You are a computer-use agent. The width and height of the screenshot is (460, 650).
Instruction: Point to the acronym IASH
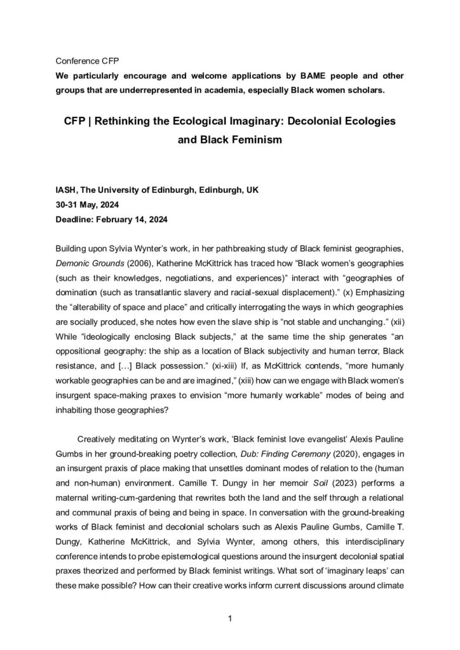(67, 190)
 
